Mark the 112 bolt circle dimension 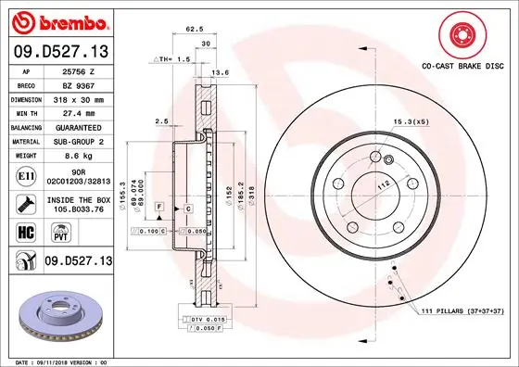381,183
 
